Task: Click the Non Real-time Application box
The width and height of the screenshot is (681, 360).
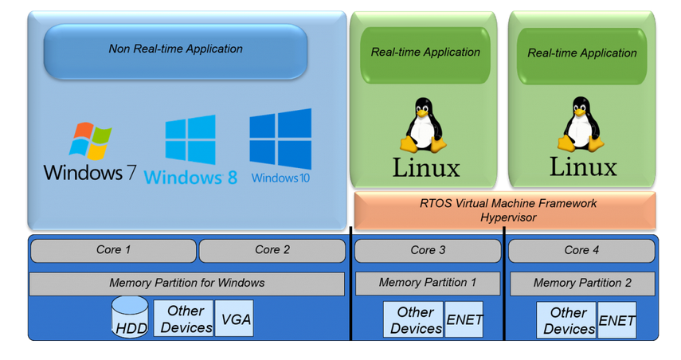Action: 175,49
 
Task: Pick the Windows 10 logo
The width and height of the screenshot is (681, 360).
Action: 280,147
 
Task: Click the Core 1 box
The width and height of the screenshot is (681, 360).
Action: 113,250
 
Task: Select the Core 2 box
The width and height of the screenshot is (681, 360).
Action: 272,250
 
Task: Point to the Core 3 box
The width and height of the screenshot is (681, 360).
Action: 428,250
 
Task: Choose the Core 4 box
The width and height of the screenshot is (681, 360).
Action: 581,250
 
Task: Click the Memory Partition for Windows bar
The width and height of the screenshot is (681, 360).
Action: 187,284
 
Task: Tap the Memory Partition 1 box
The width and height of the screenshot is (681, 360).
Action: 428,283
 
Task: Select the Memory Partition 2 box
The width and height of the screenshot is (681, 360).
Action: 581,283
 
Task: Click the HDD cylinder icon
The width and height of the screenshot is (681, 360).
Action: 131,316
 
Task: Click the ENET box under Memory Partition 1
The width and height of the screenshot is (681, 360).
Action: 464,320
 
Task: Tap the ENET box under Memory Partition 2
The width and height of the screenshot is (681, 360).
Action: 616,320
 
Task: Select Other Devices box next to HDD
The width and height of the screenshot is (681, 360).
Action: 186,319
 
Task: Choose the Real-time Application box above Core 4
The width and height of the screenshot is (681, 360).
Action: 581,53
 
